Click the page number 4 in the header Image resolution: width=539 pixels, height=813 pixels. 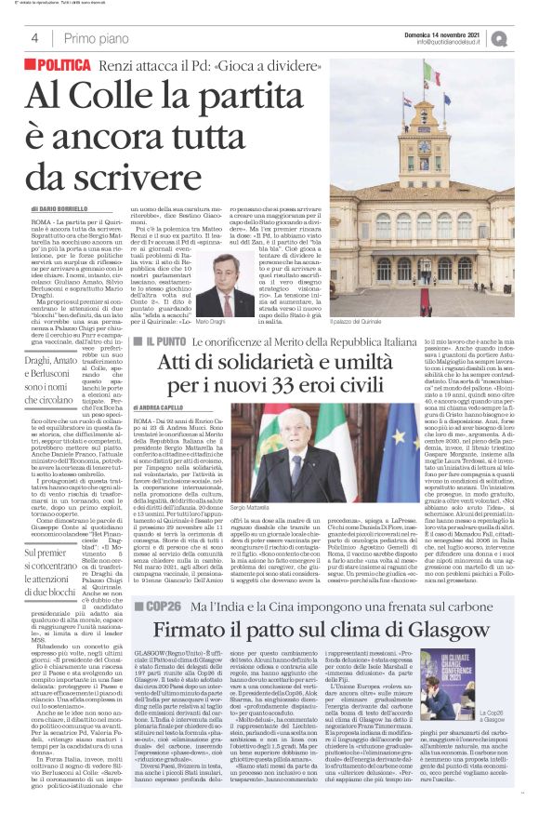pyautogui.click(x=34, y=38)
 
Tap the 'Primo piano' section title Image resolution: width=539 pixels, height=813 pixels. pyautogui.click(x=94, y=38)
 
